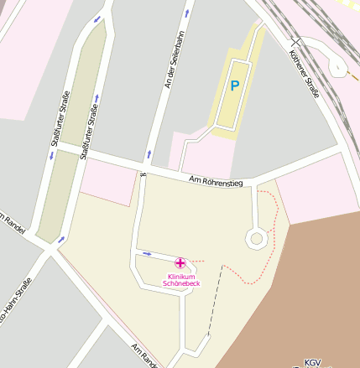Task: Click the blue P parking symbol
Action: [x=235, y=86]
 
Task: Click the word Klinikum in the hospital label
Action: [x=181, y=277]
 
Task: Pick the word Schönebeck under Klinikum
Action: [x=181, y=284]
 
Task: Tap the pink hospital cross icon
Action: [x=180, y=264]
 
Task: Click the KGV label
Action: [x=313, y=361]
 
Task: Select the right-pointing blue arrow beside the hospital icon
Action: [x=148, y=253]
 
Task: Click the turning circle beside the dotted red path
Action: [x=256, y=239]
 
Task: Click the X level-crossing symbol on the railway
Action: [x=293, y=41]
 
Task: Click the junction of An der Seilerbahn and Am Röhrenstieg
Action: [x=146, y=166]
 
